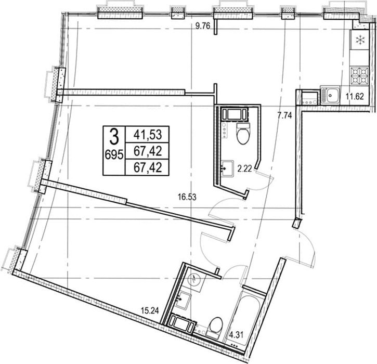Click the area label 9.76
click(x=203, y=25)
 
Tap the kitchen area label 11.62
click(x=355, y=96)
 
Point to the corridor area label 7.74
click(x=284, y=115)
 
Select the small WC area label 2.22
click(x=244, y=169)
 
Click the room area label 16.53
click(x=187, y=198)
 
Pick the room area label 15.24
click(x=150, y=311)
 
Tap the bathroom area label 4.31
click(x=237, y=334)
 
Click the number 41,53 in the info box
click(x=148, y=135)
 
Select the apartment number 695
click(x=114, y=154)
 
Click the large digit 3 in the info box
click(x=114, y=137)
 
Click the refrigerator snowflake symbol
click(x=360, y=40)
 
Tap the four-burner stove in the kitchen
click(x=359, y=75)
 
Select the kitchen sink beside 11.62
click(x=330, y=95)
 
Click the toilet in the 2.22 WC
click(x=243, y=133)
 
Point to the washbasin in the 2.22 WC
click(x=227, y=169)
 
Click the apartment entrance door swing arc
click(x=308, y=245)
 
